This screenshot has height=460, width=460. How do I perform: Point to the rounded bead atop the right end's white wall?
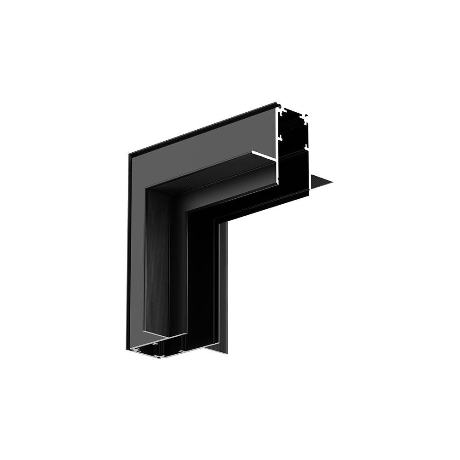click(279, 107)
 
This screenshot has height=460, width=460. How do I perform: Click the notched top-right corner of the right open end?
click(306, 115)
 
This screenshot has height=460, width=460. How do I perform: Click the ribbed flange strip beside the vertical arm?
click(223, 285)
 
